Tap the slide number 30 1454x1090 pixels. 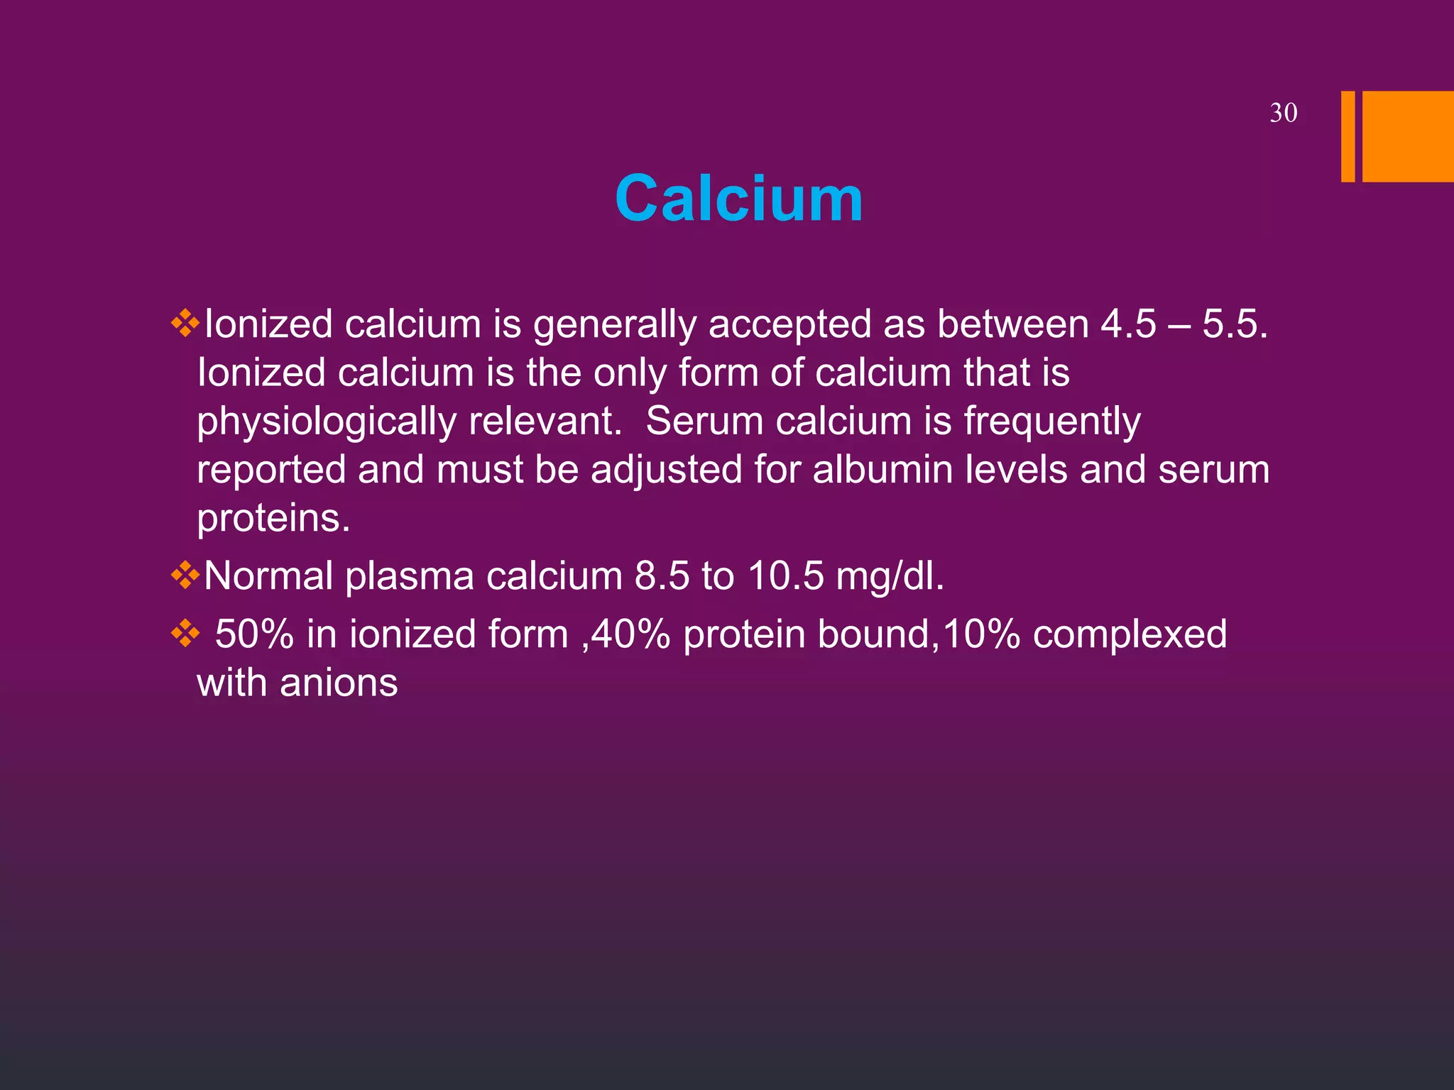click(1283, 114)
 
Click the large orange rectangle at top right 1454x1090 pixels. click(1407, 136)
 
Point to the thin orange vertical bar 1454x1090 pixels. click(1348, 136)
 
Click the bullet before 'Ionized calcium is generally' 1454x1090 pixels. click(185, 324)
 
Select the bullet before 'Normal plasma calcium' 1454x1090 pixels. click(185, 576)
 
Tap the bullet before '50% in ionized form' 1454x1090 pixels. click(185, 634)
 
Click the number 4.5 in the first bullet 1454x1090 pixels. click(1128, 324)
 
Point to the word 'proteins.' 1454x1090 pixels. click(273, 518)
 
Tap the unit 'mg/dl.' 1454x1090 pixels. click(890, 576)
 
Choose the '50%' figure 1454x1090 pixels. click(254, 634)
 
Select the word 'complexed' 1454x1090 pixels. click(1130, 634)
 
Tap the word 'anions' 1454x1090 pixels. click(339, 683)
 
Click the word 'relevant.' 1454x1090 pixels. click(545, 422)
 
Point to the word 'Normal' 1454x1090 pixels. click(268, 576)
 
